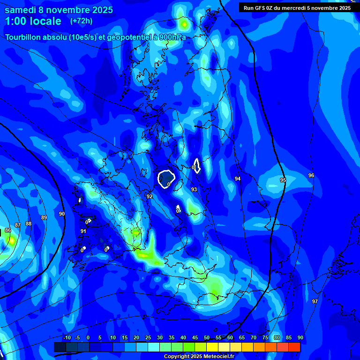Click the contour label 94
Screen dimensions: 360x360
coord(238,179)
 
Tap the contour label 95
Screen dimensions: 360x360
coord(283,180)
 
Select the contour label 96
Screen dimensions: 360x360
coord(311,175)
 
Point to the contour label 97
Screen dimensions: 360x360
coord(315,301)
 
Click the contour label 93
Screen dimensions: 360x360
coord(194,189)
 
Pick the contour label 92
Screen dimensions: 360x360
coord(150,196)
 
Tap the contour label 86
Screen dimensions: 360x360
coord(8,230)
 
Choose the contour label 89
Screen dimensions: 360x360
coord(44,217)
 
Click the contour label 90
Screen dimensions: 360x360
coord(62,214)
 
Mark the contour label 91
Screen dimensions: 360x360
coord(83,231)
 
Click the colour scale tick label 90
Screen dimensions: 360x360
coord(300,337)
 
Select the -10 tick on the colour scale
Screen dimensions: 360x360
coord(67,337)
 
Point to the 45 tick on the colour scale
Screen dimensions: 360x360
coord(207,337)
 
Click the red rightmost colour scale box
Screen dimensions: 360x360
coord(294,347)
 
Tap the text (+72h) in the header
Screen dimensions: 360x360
coord(81,21)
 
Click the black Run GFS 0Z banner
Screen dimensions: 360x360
coord(297,8)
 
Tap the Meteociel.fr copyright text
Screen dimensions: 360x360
coord(199,356)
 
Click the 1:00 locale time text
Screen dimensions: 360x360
coord(33,21)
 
